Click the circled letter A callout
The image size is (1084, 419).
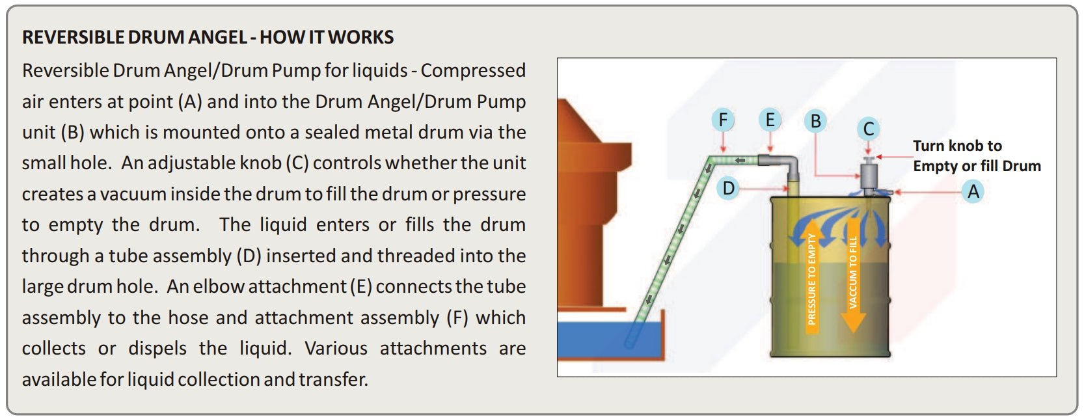click(x=973, y=191)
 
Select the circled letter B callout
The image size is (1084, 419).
click(x=815, y=121)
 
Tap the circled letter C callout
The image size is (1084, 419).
click(x=868, y=129)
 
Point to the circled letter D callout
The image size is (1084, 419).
click(x=728, y=189)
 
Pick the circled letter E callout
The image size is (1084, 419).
click(x=770, y=120)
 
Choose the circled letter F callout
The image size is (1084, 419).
click(x=722, y=120)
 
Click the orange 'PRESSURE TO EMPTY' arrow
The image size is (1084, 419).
click(x=811, y=280)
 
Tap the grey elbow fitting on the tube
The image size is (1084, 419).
click(x=784, y=164)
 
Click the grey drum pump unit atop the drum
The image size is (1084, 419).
click(x=869, y=174)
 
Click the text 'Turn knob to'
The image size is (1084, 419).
click(x=956, y=146)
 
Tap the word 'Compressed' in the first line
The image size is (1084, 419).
click(x=473, y=70)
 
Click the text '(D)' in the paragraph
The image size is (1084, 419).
click(x=248, y=256)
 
